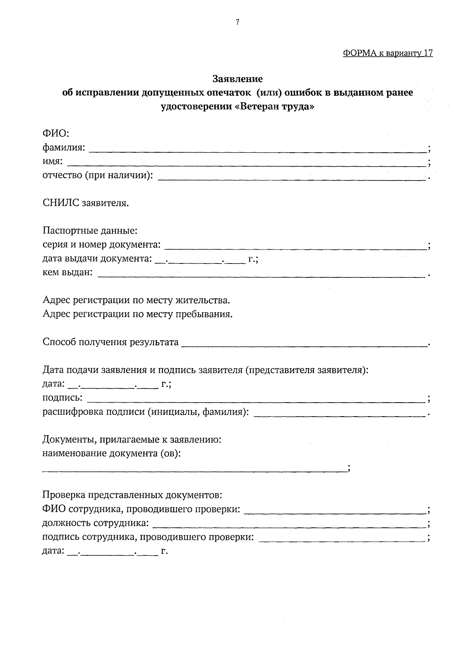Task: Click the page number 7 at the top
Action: point(237,22)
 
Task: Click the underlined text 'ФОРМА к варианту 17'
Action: point(388,53)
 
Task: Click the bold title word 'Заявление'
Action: point(238,79)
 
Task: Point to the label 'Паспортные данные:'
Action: point(90,231)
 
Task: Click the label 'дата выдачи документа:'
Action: point(97,258)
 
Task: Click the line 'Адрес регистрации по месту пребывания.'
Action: point(138,313)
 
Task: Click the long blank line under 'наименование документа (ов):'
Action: point(194,470)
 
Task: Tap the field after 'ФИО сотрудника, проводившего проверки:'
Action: point(335,511)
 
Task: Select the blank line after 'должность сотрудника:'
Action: point(289,525)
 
